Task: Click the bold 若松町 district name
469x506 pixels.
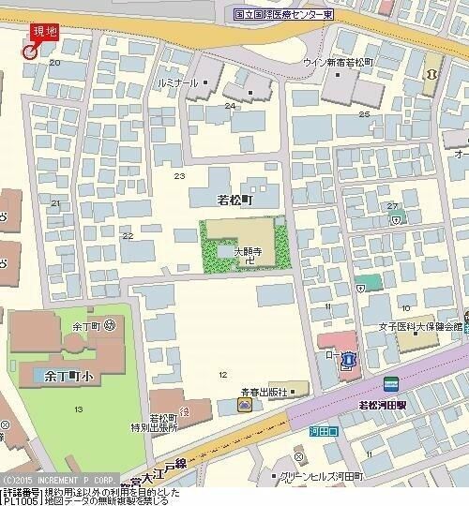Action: [235, 200]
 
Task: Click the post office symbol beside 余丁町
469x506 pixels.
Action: [111, 325]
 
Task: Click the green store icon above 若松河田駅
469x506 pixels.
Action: [390, 383]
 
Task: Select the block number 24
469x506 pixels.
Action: [230, 105]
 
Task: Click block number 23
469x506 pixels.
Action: [179, 175]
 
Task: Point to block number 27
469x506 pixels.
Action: [392, 206]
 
